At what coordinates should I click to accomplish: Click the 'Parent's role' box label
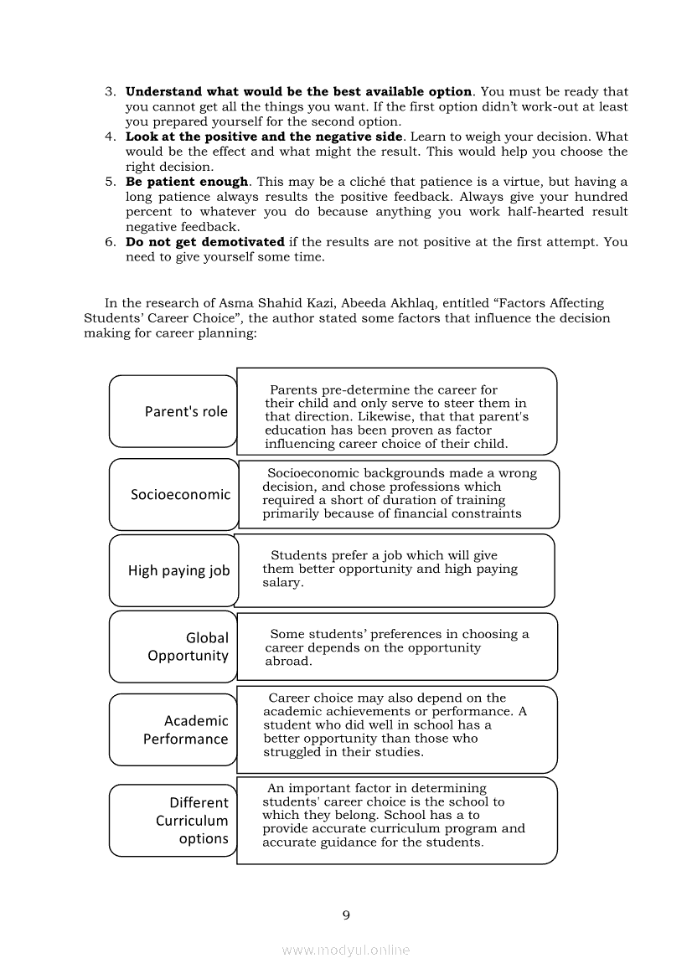point(186,411)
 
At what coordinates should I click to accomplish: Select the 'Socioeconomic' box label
point(180,494)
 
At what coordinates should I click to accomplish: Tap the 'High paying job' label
point(178,570)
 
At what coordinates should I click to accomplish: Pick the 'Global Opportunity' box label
point(188,647)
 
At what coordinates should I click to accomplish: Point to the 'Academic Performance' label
point(185,729)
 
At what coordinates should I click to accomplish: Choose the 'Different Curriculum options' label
point(192,821)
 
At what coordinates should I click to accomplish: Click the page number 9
point(346,915)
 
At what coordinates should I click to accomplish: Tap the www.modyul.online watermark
point(346,950)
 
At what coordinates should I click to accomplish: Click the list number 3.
point(110,92)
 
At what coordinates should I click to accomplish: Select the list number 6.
point(110,242)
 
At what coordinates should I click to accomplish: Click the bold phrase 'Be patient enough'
point(187,182)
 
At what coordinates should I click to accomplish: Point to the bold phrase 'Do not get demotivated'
point(204,242)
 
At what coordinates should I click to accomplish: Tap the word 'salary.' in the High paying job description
point(283,583)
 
